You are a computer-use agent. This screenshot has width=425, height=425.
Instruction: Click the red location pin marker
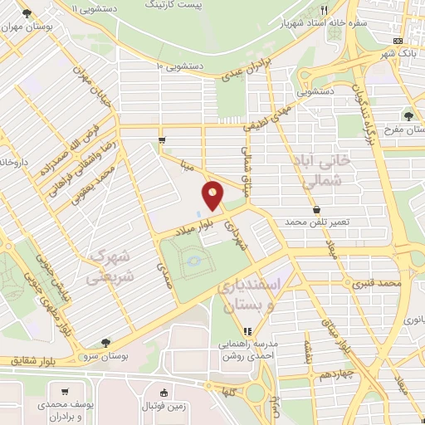coord(213,197)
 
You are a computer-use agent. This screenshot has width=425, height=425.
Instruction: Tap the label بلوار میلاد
coord(199,223)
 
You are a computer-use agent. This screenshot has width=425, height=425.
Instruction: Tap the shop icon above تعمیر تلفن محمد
coord(317,209)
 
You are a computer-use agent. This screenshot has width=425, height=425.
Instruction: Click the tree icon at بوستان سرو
coord(105,343)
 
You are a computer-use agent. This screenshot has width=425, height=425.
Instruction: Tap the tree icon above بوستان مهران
coord(28,13)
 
